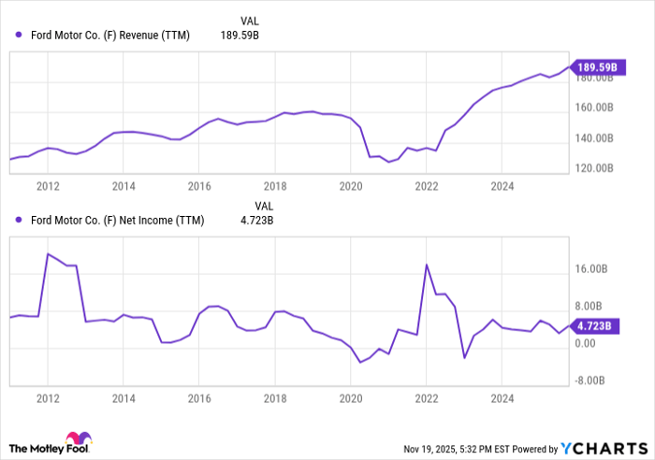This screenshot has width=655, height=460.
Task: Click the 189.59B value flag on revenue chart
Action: point(594,66)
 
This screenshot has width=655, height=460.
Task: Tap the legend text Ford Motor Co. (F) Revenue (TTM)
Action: point(110,36)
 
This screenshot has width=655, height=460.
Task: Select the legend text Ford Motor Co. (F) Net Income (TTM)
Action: point(116,221)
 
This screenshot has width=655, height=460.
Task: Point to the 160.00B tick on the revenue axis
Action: point(593,108)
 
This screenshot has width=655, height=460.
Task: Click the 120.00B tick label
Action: point(593,168)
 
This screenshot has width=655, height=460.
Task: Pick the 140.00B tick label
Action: point(593,138)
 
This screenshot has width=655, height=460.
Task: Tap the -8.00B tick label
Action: point(590,381)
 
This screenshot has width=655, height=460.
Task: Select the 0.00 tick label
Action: point(585,344)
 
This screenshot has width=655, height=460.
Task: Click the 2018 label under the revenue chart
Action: point(274,186)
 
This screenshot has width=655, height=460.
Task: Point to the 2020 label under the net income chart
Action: point(350,398)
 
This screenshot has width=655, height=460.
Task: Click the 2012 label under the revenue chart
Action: point(48,186)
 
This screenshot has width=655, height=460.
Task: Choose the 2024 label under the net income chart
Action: point(502,398)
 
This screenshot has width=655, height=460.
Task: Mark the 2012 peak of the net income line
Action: point(48,253)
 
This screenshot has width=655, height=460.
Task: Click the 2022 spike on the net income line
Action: point(427,265)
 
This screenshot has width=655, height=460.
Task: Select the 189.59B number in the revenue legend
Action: point(239,36)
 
